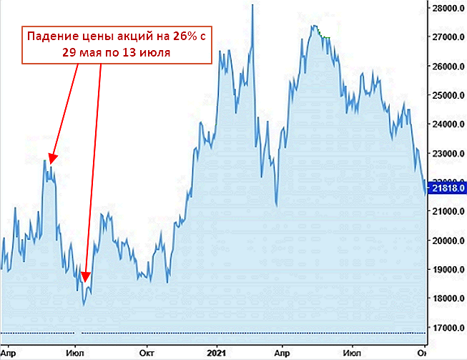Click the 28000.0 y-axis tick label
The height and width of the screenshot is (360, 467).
point(446,9)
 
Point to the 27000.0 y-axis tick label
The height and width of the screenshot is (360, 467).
point(446,37)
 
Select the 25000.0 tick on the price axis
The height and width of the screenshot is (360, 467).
point(446,95)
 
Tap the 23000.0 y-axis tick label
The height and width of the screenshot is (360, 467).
point(446,154)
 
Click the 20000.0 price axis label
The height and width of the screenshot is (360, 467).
point(446,240)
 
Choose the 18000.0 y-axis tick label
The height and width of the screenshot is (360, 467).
point(446,298)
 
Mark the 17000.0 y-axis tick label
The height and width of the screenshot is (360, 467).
point(446,328)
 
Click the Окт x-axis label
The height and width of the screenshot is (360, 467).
point(147,352)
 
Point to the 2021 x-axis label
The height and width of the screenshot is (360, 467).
point(216,352)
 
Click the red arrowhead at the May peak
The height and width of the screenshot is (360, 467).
point(52,159)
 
